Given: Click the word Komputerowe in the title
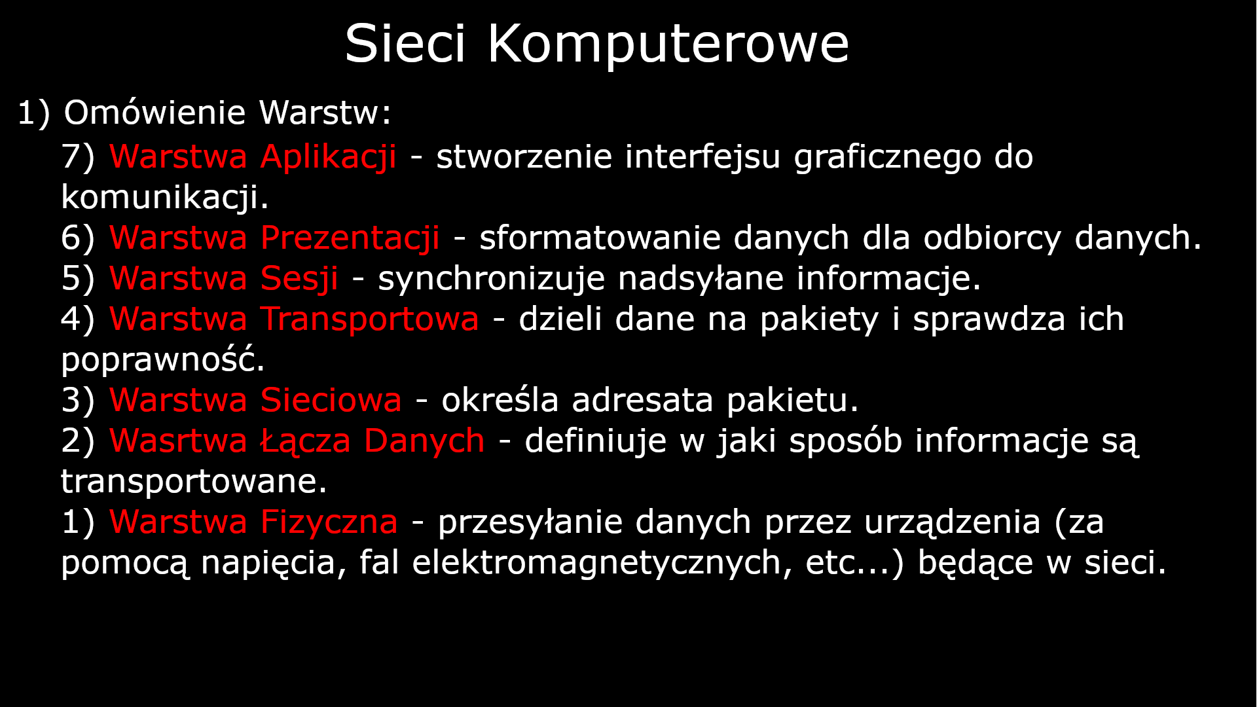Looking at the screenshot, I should [668, 45].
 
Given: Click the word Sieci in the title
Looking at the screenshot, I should [405, 45].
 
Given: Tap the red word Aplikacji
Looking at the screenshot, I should [328, 157].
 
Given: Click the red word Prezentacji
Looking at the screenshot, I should [350, 238].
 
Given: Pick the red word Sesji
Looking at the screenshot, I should [299, 279].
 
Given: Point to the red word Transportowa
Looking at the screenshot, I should [369, 319].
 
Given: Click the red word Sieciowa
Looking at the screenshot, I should [331, 401].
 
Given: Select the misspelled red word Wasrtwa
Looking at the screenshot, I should [178, 441].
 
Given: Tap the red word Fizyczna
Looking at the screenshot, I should [329, 522].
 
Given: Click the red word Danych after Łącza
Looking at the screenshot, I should [424, 441].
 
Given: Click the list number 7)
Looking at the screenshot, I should [78, 157].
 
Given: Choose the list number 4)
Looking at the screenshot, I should [78, 319].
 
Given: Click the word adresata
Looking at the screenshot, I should [642, 401].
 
